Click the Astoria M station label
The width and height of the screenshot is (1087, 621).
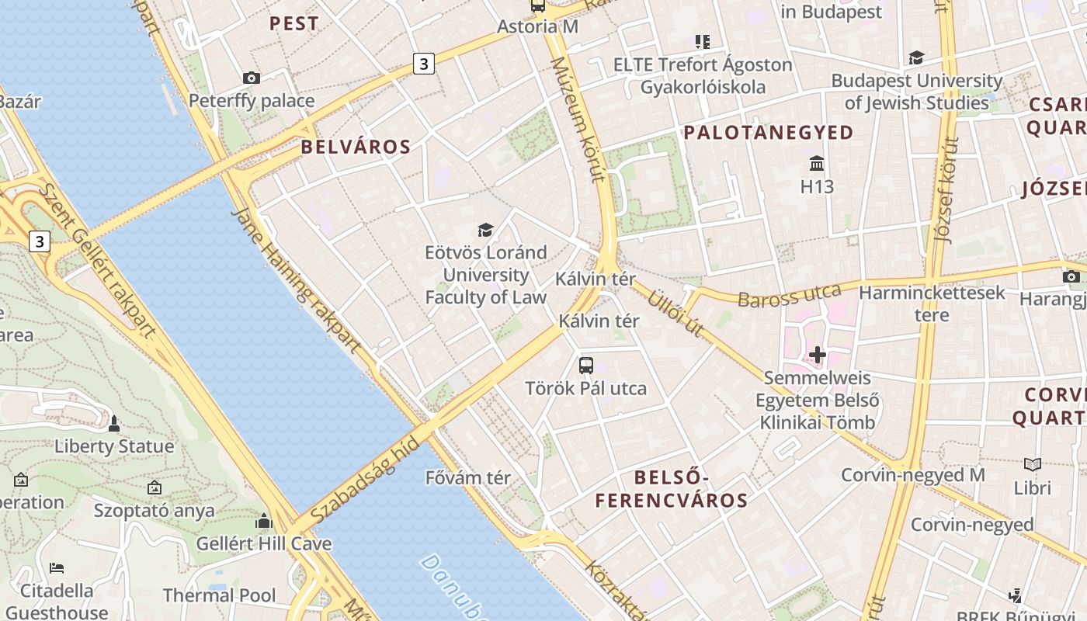[x=537, y=26]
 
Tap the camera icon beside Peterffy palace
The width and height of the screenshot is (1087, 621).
[x=251, y=78]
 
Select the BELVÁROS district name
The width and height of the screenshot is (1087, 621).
[x=355, y=147]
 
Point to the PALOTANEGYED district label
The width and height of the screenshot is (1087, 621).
[x=768, y=133]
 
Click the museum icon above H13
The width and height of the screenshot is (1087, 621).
[x=817, y=164]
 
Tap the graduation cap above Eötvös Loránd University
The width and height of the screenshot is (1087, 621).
[x=485, y=230]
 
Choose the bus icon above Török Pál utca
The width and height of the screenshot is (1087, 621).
[x=586, y=365]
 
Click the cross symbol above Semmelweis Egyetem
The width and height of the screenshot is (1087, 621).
[x=817, y=356]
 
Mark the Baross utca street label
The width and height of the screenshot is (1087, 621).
[x=789, y=295]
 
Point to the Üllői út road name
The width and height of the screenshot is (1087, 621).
[x=675, y=312]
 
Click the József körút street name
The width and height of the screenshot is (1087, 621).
[x=949, y=190]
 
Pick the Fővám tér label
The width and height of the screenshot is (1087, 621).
[x=468, y=477]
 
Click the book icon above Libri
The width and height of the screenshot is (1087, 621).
[x=1032, y=465]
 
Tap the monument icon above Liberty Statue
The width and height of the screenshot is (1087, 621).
[x=114, y=424]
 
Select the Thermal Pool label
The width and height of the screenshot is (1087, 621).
[x=219, y=595]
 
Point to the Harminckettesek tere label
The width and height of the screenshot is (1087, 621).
[x=932, y=304]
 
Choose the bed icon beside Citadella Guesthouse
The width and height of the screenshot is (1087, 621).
[x=56, y=568]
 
